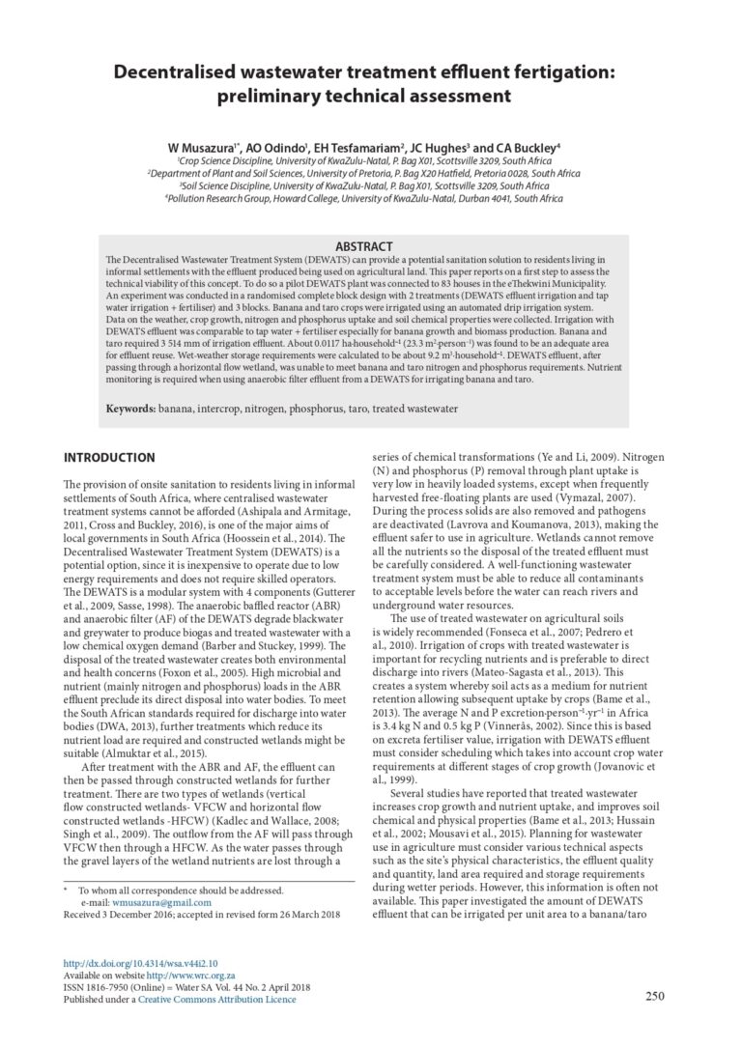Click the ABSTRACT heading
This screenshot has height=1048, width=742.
[362, 247]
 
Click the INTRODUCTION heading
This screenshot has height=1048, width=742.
[108, 458]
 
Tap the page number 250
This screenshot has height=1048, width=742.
[654, 997]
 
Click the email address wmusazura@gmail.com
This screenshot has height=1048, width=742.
[161, 903]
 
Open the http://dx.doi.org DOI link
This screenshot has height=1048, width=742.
[140, 963]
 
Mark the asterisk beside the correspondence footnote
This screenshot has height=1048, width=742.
[65, 891]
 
